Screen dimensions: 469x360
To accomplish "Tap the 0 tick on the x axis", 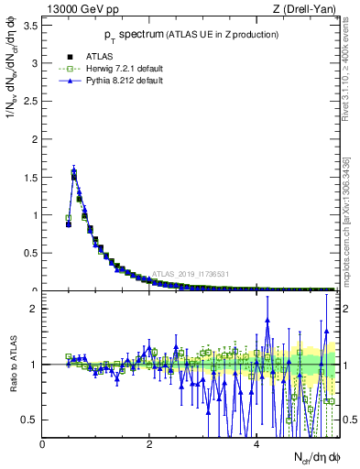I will (x=42, y=444).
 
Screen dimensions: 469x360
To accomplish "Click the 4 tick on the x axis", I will (x=256, y=444).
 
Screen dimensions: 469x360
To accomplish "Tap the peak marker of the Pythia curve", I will (x=73, y=169).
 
